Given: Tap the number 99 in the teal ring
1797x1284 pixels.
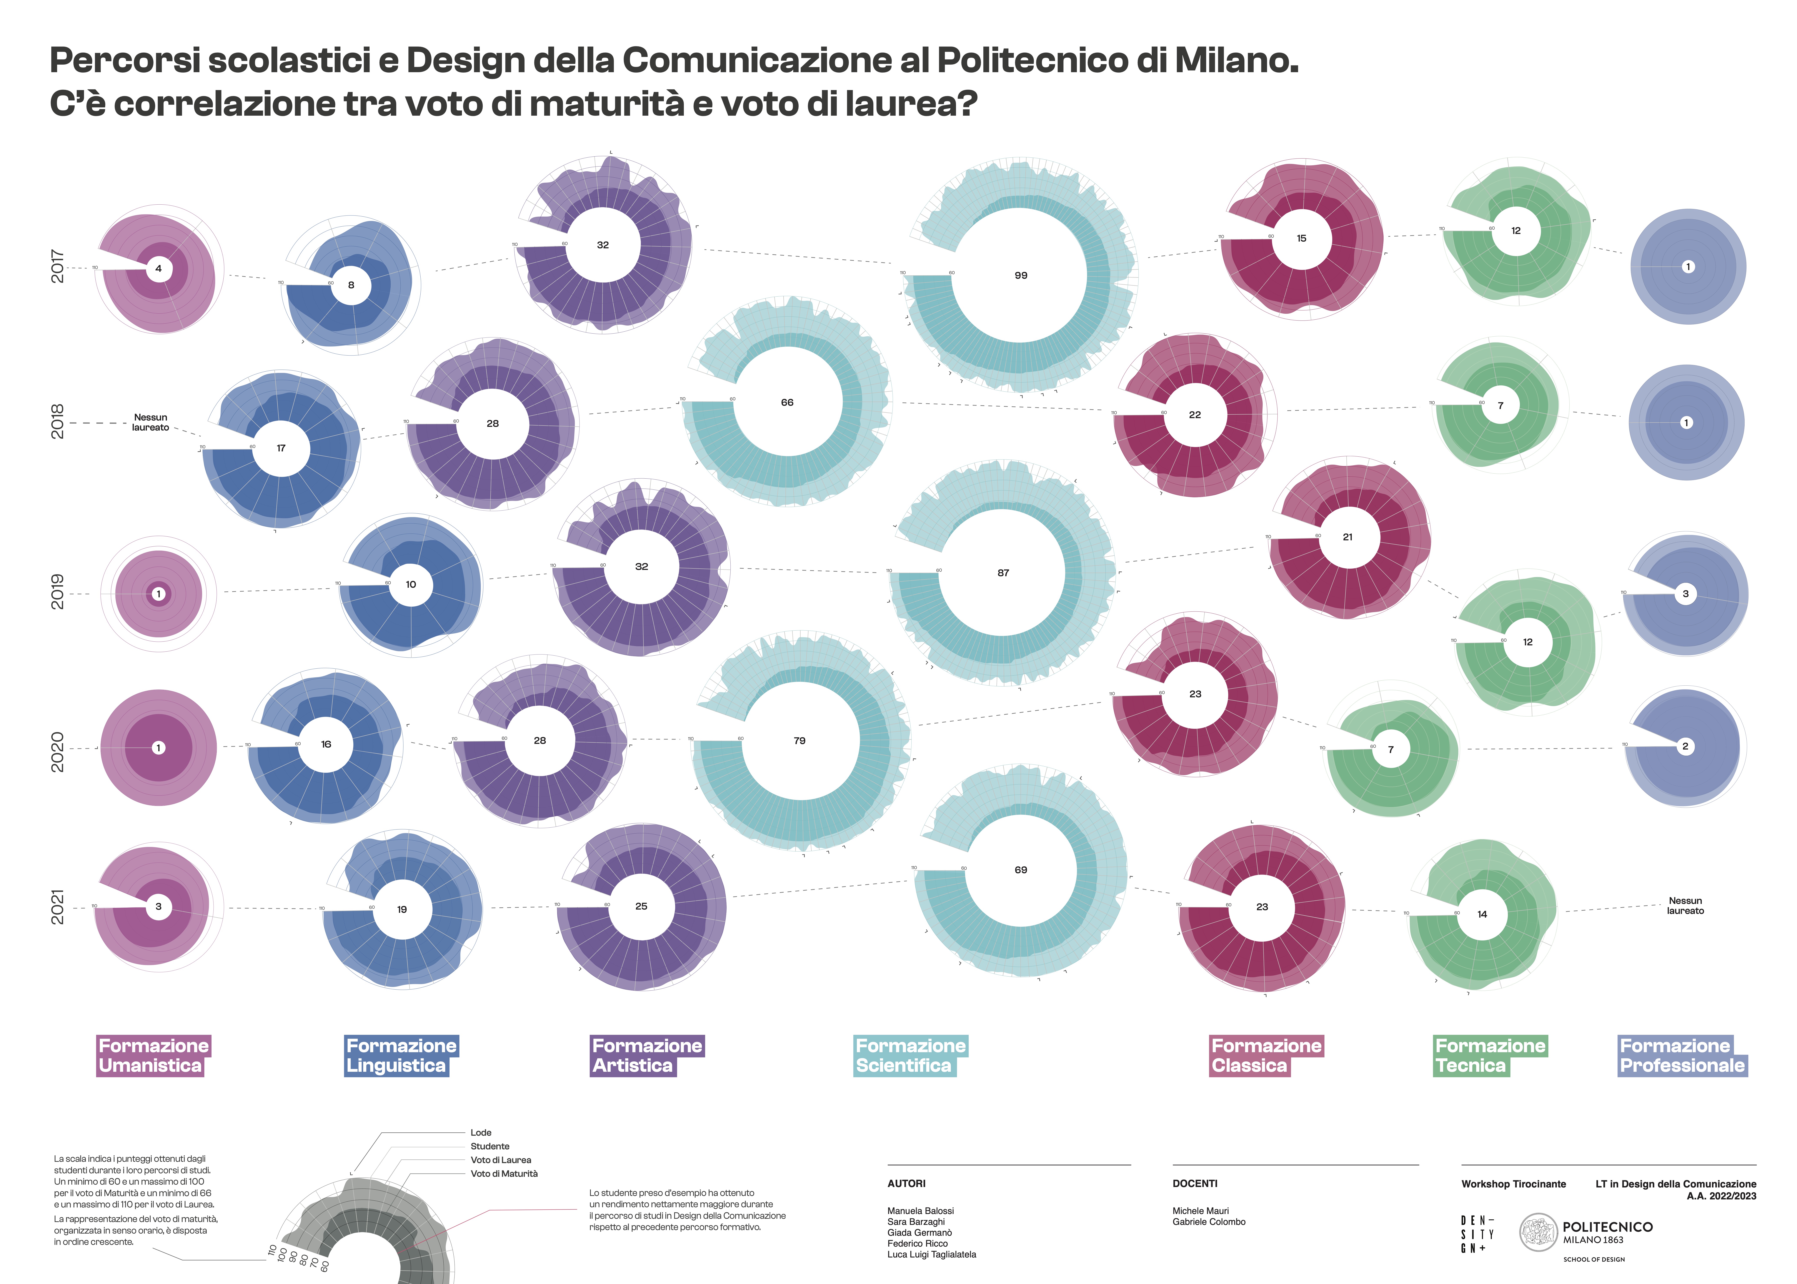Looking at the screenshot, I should tap(1020, 275).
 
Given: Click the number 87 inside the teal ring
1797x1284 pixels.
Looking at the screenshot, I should tap(1003, 573).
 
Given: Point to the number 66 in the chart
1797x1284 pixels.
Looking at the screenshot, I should tap(787, 402).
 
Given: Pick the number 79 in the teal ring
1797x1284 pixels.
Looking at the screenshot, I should tap(799, 741).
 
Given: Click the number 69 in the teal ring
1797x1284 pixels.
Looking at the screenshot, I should tap(1020, 870).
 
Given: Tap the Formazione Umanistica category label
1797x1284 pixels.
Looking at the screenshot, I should tap(153, 1055).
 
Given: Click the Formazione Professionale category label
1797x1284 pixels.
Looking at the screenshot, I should tap(1682, 1055).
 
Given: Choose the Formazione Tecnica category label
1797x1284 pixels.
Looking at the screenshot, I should tap(1490, 1055).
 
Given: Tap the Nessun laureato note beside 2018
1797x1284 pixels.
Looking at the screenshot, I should tap(150, 422).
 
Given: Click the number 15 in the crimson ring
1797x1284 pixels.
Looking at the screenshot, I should tap(1301, 238).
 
